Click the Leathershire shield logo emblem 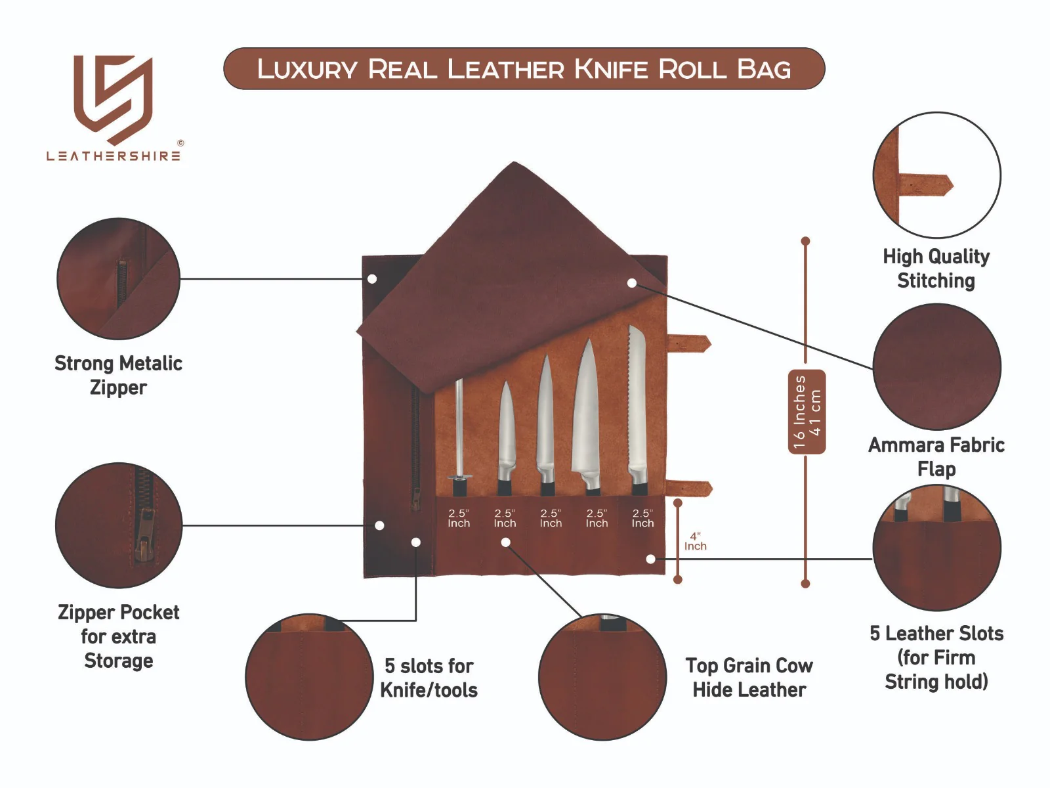tap(113, 98)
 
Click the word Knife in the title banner tap(611, 69)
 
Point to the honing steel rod tap(459, 427)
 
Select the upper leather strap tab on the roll tap(689, 343)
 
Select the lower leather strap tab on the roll tap(690, 489)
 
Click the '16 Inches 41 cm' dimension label tap(807, 412)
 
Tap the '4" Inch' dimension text tap(695, 542)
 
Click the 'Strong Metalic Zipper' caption tap(118, 375)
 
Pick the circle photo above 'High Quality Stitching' tap(936, 175)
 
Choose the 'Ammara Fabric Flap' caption tap(936, 456)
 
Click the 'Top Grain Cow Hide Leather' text tap(749, 678)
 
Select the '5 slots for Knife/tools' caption tap(429, 678)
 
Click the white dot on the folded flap tap(631, 283)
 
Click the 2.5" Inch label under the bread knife tap(642, 518)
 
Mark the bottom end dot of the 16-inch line tap(805, 583)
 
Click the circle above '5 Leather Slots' tap(936, 548)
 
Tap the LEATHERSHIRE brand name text tap(114, 156)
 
